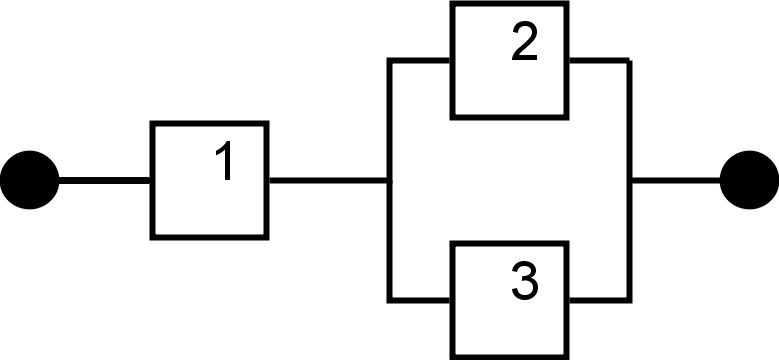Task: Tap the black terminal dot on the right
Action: [x=749, y=181]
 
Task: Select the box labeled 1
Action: [x=209, y=181]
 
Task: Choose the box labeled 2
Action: [x=510, y=61]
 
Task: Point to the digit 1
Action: [x=226, y=163]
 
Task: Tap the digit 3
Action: [x=523, y=283]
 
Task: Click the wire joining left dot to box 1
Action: [x=104, y=181]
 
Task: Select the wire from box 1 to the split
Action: [x=328, y=181]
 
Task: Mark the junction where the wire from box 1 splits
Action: [x=390, y=181]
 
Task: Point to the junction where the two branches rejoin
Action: [x=630, y=181]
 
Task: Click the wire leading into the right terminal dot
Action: [x=676, y=181]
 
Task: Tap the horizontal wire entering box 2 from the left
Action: [x=420, y=61]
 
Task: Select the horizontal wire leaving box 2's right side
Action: [x=599, y=61]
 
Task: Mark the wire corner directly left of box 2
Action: [x=390, y=61]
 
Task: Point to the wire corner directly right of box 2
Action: [x=630, y=61]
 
